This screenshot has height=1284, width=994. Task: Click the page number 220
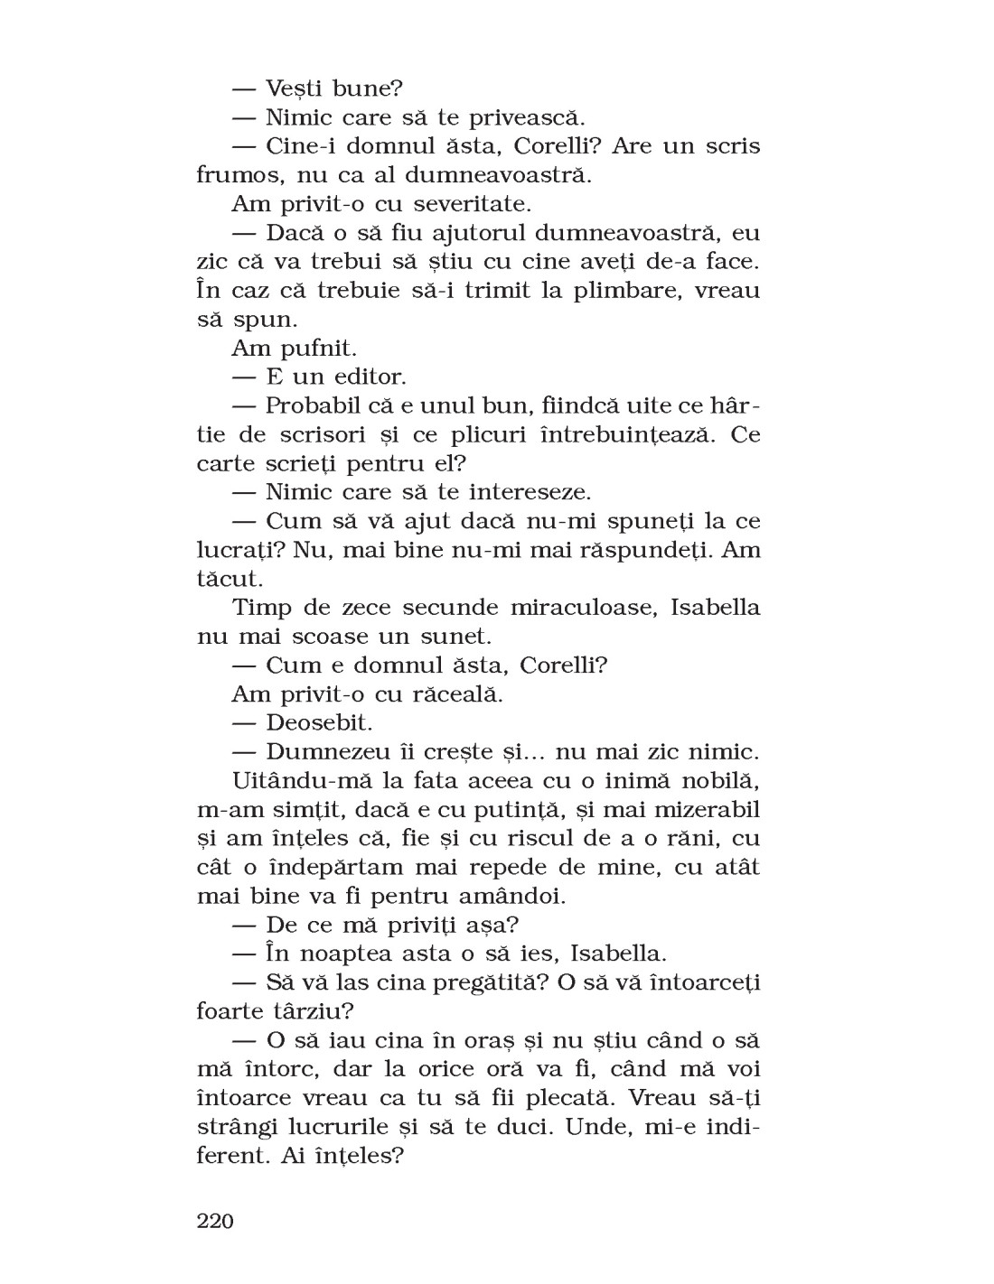point(215,1222)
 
